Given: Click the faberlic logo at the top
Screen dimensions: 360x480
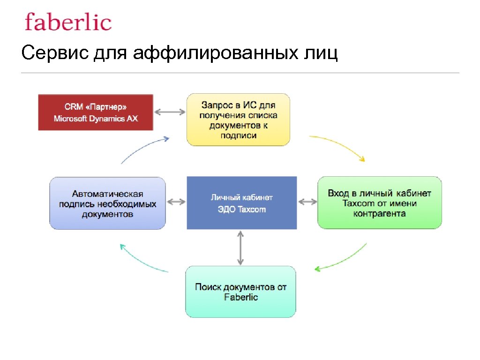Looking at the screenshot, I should (x=68, y=22).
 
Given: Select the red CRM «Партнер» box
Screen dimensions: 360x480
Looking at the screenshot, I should (x=96, y=112).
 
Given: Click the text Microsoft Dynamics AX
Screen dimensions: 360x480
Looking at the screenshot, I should (x=96, y=119).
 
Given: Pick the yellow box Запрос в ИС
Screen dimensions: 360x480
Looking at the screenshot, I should (x=238, y=119).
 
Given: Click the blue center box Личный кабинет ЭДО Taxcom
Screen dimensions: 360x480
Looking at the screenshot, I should (x=241, y=203).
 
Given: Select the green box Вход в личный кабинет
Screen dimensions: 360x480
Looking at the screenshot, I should (x=379, y=203).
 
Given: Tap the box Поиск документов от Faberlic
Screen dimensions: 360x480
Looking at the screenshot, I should (x=240, y=292).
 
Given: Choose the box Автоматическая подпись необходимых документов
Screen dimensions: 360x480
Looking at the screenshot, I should (x=107, y=203).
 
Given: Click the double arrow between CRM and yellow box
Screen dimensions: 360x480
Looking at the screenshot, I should (x=170, y=112).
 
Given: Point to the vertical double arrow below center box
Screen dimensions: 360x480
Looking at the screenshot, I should (x=240, y=247).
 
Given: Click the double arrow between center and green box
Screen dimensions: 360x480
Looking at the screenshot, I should (x=307, y=202).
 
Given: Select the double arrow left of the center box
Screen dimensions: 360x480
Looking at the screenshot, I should (x=176, y=202).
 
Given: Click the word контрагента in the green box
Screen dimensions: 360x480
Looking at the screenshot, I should (x=379, y=214).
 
